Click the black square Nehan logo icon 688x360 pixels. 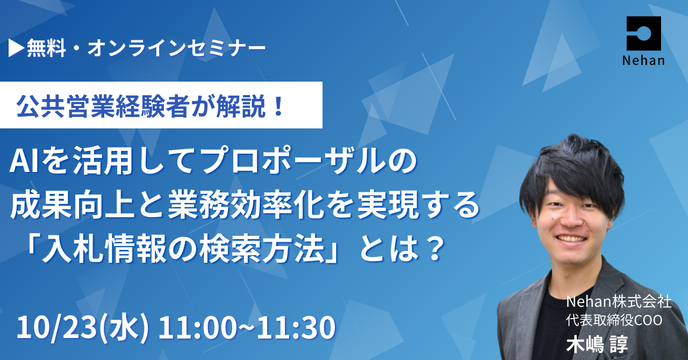point(644,33)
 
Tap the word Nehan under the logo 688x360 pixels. point(643,61)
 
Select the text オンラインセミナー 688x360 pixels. point(177,49)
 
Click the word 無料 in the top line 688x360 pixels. point(46,49)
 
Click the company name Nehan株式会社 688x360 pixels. point(619,303)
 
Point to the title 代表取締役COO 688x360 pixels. point(614,321)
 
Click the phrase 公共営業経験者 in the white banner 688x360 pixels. point(102,106)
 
